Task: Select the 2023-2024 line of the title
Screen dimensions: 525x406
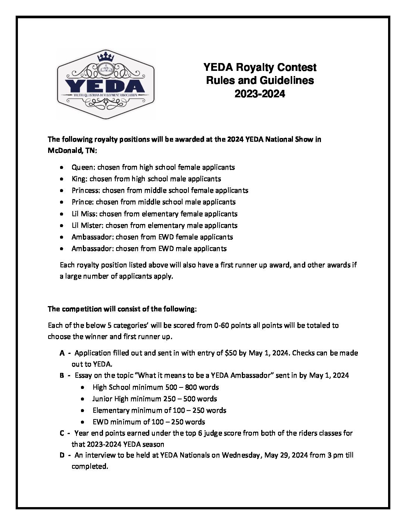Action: pos(260,94)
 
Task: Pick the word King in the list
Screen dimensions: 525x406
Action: pos(78,179)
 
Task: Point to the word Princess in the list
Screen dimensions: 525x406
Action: pos(85,190)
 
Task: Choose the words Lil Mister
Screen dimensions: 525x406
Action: pos(87,225)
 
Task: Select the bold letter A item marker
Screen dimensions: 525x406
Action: pos(62,353)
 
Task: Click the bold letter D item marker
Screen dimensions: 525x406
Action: pos(62,455)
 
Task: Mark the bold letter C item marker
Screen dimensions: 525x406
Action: pos(62,433)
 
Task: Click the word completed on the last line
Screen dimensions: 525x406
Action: pos(89,466)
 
